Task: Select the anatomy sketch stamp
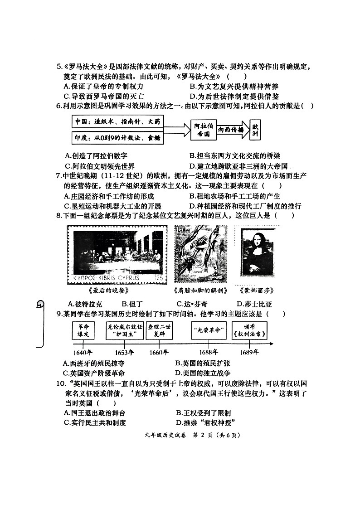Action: coord(200,253)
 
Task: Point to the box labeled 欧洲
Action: coord(256,129)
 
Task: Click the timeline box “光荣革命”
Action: coord(209,330)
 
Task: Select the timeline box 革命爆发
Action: coord(83,330)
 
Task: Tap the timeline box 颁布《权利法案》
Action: coord(249,330)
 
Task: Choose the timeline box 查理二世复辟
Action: coord(161,330)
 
